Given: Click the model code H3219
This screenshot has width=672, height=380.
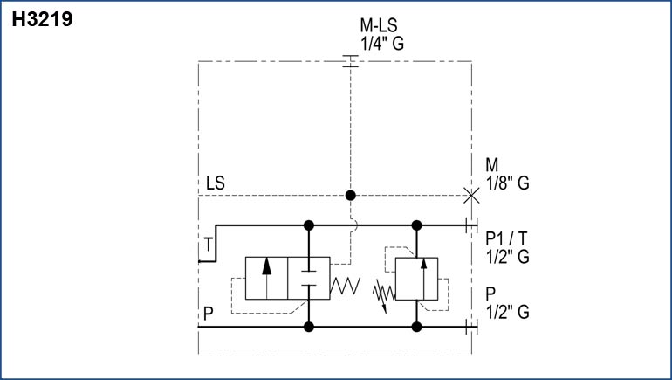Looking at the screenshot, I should [43, 19].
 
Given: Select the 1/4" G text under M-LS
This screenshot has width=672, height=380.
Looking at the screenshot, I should [381, 44].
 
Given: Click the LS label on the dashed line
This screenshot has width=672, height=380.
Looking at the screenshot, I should [216, 183].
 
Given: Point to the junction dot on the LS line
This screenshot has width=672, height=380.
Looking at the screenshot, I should [350, 195].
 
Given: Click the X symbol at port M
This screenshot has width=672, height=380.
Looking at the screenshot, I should [471, 195].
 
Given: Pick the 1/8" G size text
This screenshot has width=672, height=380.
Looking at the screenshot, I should [507, 183].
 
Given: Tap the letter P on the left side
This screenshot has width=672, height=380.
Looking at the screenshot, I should [208, 312].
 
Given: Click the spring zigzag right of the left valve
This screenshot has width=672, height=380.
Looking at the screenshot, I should [346, 283].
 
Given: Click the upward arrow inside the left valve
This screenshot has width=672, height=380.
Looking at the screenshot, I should [267, 278].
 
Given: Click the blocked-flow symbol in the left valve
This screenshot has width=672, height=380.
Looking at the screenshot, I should [308, 279].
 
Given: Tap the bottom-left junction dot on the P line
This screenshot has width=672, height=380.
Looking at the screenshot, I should [308, 327].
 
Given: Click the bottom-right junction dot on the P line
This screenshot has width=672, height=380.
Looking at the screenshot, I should [416, 327].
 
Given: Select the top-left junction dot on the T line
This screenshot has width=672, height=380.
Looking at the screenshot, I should [308, 225].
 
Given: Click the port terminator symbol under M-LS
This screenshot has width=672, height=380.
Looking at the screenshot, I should [350, 61].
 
